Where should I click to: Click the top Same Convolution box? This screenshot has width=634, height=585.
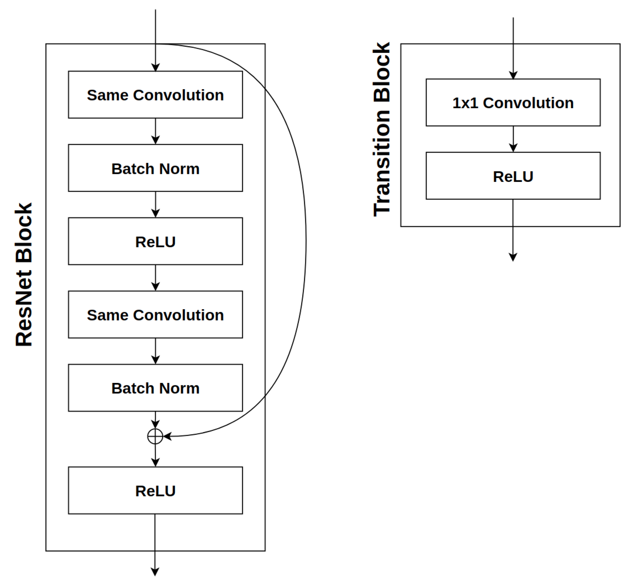coord(155,94)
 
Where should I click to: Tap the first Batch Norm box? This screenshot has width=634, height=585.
coord(155,168)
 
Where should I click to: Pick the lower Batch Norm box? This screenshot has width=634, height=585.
coord(155,388)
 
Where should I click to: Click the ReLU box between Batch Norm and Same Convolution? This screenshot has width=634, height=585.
coord(155,241)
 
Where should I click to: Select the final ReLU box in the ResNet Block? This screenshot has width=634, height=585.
coord(155,490)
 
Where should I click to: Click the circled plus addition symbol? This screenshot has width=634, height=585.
coord(155,436)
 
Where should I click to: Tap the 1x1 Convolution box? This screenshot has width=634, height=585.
coord(513,103)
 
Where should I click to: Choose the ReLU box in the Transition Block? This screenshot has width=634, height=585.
coord(513,176)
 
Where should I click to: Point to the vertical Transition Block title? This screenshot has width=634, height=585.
coord(382,129)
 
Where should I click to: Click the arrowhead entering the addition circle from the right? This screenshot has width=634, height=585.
coord(167,436)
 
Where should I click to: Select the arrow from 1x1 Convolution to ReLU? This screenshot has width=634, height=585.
coord(513,139)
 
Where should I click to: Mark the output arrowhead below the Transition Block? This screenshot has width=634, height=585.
coord(513,257)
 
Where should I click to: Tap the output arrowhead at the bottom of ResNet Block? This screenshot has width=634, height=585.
coord(155,572)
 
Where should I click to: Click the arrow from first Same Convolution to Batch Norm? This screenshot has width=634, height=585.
coord(155,131)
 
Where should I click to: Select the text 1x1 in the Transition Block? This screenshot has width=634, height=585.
coord(465,103)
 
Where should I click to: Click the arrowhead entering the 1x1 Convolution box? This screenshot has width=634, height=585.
coord(513,75)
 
